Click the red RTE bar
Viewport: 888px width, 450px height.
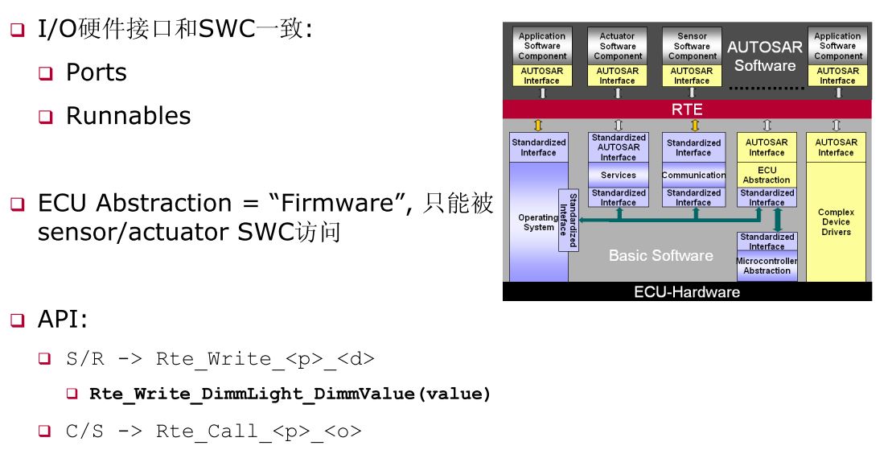coord(686,109)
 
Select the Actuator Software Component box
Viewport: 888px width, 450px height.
coord(617,46)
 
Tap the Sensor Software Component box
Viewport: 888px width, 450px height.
coord(692,46)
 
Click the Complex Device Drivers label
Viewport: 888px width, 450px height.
coord(836,222)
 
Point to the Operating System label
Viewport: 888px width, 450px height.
coord(537,222)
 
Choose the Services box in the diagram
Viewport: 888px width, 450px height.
coord(618,175)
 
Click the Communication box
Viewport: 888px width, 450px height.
coord(693,175)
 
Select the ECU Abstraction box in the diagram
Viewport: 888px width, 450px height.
coord(767,175)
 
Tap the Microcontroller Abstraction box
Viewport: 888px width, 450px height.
coord(767,266)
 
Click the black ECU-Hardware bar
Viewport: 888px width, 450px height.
coord(686,292)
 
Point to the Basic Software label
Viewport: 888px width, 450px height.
coord(660,256)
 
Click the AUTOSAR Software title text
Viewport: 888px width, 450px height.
coord(765,56)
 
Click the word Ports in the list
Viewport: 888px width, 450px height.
coord(96,72)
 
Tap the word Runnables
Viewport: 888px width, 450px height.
coord(128,116)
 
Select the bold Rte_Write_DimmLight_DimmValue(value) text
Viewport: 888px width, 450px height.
coord(290,394)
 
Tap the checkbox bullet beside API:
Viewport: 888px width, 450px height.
coord(18,320)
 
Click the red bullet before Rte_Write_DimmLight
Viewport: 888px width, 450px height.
coord(72,394)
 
